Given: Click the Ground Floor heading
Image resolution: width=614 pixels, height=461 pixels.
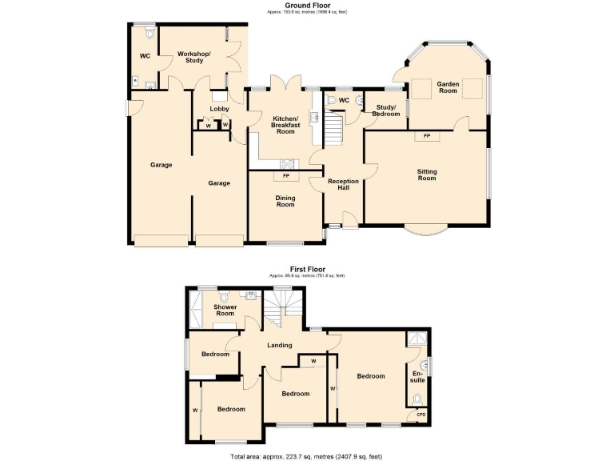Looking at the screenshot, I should pyautogui.click(x=307, y=6).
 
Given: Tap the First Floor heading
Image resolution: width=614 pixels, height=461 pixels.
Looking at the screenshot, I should pyautogui.click(x=307, y=270).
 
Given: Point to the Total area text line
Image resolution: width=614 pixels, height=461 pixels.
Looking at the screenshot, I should pyautogui.click(x=306, y=455).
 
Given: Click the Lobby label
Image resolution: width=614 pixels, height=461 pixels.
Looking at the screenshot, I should pyautogui.click(x=219, y=108).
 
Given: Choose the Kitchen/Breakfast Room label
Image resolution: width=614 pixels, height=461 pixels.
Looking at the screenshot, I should pyautogui.click(x=285, y=124).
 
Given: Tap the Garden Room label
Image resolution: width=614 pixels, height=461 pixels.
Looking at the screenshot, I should pyautogui.click(x=447, y=86).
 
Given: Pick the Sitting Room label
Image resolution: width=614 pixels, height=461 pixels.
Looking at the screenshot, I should pyautogui.click(x=427, y=174).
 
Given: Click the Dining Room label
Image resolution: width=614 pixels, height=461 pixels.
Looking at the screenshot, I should pyautogui.click(x=285, y=200).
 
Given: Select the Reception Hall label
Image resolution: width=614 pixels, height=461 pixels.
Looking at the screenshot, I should pyautogui.click(x=344, y=184).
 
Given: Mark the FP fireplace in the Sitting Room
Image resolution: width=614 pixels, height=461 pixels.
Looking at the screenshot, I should pyautogui.click(x=427, y=136).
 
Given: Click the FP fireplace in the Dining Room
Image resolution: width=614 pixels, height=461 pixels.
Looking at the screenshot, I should pyautogui.click(x=285, y=175).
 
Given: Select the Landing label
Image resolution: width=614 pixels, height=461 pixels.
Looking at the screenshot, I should pyautogui.click(x=279, y=346).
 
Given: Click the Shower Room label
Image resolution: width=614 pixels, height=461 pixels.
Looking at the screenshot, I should pyautogui.click(x=225, y=310).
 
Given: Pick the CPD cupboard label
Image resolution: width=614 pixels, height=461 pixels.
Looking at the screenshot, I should pyautogui.click(x=421, y=414).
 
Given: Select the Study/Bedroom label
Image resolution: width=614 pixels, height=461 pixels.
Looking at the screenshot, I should pyautogui.click(x=385, y=110).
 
